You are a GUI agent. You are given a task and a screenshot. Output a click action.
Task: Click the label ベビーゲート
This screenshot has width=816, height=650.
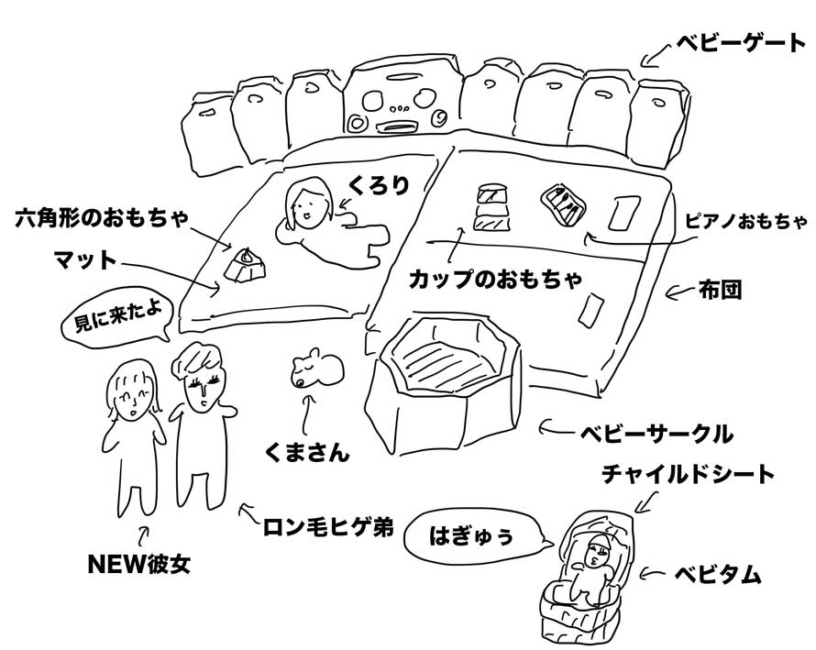point(741,43)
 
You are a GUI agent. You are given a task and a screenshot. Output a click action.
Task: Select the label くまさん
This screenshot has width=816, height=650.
point(307,452)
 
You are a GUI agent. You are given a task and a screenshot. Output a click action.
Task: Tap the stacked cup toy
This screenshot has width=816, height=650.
point(491,207)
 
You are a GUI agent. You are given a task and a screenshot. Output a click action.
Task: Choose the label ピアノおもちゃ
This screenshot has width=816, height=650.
point(745,222)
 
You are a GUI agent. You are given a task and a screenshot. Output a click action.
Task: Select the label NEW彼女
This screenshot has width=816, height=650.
point(139,564)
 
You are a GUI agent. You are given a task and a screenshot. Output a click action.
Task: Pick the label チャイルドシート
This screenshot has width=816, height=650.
point(688,474)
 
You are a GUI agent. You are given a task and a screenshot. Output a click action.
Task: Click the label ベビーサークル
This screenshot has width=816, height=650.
point(656,434)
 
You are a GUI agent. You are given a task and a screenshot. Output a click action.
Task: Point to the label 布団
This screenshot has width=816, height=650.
point(720,291)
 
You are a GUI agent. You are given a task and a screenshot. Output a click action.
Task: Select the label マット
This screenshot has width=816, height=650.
point(85,259)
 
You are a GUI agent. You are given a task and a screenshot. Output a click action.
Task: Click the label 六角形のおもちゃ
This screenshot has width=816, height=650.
point(102,218)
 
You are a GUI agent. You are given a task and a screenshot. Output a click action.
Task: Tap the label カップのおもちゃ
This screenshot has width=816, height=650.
point(495,279)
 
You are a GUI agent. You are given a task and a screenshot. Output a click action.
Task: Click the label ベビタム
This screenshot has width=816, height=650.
point(718,575)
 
